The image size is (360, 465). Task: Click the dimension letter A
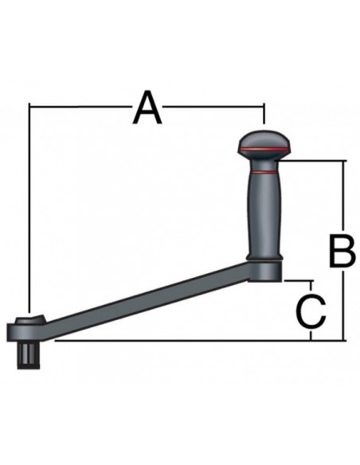point(147,108)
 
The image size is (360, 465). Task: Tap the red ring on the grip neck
point(264,172)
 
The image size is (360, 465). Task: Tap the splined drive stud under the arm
point(29,354)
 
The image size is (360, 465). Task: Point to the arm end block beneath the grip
point(267,272)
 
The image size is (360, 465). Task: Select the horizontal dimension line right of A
point(215,105)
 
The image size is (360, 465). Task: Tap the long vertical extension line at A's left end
point(29,207)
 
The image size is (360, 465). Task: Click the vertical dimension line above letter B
point(344,195)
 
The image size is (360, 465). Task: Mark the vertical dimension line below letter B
point(344,307)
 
